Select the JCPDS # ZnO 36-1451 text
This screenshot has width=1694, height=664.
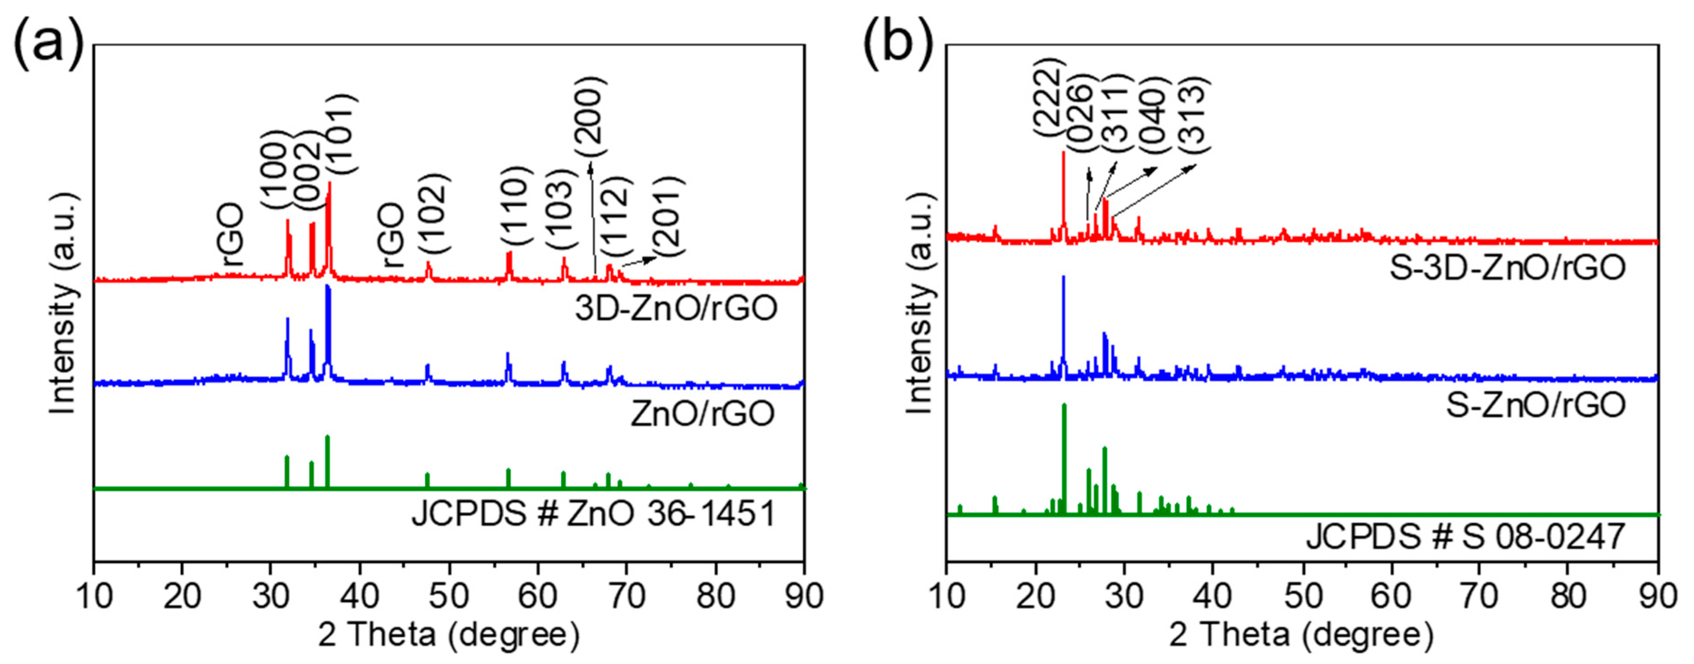[x=594, y=513]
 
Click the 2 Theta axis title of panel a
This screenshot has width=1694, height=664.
[x=449, y=635]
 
